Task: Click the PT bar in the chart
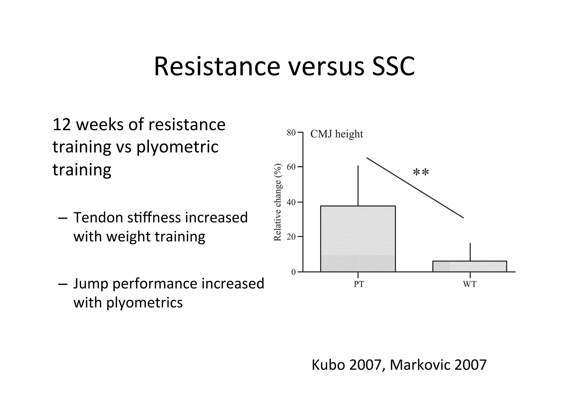pyautogui.click(x=358, y=239)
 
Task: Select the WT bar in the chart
pyautogui.click(x=470, y=266)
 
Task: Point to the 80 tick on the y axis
pyautogui.click(x=291, y=133)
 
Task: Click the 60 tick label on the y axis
pyautogui.click(x=291, y=167)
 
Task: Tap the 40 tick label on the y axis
pyautogui.click(x=291, y=202)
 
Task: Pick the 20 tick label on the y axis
pyautogui.click(x=291, y=237)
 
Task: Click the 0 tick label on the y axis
pyautogui.click(x=293, y=272)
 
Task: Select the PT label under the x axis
pyautogui.click(x=359, y=284)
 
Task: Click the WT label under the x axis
pyautogui.click(x=470, y=284)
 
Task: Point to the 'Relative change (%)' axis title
pyautogui.click(x=278, y=202)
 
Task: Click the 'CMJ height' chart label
pyautogui.click(x=336, y=134)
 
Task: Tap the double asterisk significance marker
pyautogui.click(x=421, y=172)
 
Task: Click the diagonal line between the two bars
pyautogui.click(x=415, y=188)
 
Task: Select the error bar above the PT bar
pyautogui.click(x=358, y=186)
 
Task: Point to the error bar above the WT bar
pyautogui.click(x=470, y=252)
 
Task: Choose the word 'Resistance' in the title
pyautogui.click(x=217, y=67)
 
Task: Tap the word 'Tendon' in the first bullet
pyautogui.click(x=98, y=218)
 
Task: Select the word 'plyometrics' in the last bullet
pyautogui.click(x=144, y=302)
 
